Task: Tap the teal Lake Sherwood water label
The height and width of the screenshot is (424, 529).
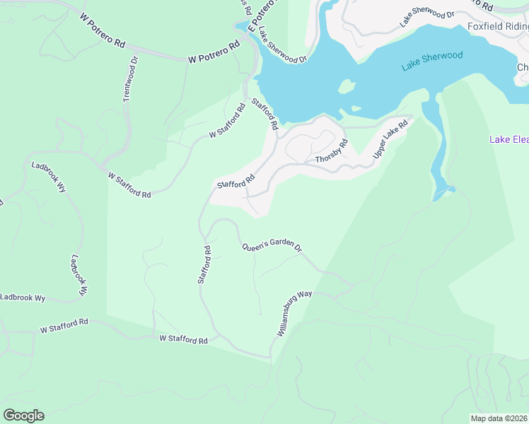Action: (x=432, y=61)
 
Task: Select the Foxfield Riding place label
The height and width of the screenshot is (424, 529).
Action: (x=498, y=27)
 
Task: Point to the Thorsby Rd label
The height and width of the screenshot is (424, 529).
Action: (x=332, y=151)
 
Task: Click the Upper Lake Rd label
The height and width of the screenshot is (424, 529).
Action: (x=391, y=139)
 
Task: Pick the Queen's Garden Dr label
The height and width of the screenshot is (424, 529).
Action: (x=272, y=247)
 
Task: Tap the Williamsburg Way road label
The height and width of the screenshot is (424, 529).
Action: (x=295, y=312)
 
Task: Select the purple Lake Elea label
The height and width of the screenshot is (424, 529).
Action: (x=508, y=139)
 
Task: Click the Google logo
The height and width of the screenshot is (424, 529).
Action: (x=23, y=416)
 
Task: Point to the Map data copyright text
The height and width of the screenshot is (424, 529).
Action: (x=499, y=418)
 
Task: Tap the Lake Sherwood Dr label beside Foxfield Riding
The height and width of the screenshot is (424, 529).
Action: (x=427, y=17)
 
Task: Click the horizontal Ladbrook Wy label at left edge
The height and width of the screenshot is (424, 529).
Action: (x=23, y=298)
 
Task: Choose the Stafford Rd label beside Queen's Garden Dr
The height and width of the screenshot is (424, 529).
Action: (x=204, y=265)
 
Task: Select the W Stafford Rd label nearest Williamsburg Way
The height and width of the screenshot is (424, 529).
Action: (x=183, y=340)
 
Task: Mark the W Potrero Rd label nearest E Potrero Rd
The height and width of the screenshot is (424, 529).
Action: (x=211, y=60)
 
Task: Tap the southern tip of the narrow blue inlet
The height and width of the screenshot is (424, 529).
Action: (x=443, y=191)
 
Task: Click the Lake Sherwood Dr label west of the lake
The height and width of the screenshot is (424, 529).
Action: (x=282, y=45)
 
